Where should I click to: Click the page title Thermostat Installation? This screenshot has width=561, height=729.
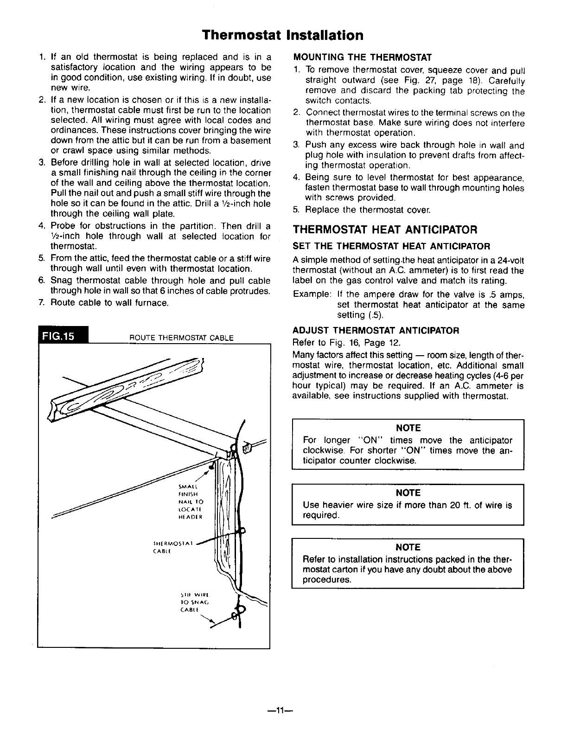pyautogui.click(x=283, y=35)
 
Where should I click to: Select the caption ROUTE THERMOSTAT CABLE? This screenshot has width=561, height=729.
pyautogui.click(x=181, y=338)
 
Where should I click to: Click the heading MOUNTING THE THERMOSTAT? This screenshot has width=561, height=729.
pyautogui.click(x=363, y=58)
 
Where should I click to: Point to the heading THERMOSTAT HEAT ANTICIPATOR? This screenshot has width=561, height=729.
pyautogui.click(x=385, y=230)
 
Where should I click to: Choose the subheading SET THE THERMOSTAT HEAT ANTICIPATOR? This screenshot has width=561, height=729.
pyautogui.click(x=391, y=245)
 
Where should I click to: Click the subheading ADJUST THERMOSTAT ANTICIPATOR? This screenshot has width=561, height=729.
pyautogui.click(x=376, y=331)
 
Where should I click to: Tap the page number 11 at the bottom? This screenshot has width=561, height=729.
pyautogui.click(x=280, y=710)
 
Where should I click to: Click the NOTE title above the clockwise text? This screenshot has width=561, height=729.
pyautogui.click(x=408, y=428)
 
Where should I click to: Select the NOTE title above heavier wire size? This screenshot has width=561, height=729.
pyautogui.click(x=408, y=492)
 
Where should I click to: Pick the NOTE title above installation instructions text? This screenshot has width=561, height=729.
pyautogui.click(x=408, y=548)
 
